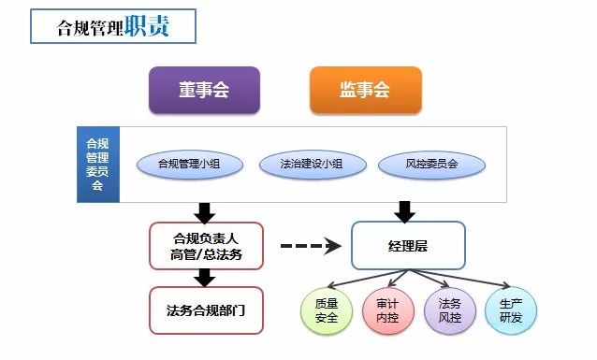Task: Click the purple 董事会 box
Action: point(204,90)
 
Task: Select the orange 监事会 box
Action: point(366,90)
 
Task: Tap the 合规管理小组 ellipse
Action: point(190,165)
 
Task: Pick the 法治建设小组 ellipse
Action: point(313,165)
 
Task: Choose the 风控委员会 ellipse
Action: point(431,165)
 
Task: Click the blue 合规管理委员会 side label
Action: point(98,165)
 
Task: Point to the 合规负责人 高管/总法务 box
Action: point(206,246)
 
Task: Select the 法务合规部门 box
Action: point(206,310)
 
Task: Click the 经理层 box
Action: point(408,245)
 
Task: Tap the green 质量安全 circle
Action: point(327,310)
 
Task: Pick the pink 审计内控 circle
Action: point(388,310)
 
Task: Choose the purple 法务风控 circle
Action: point(450,310)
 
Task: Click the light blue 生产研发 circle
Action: point(511,310)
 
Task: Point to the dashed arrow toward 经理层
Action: point(311,246)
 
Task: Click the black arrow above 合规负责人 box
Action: point(205,213)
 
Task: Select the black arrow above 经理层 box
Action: point(405,212)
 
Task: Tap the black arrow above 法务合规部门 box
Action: point(205,279)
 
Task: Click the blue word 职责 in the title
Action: point(147,26)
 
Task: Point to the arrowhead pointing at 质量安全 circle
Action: point(330,286)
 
